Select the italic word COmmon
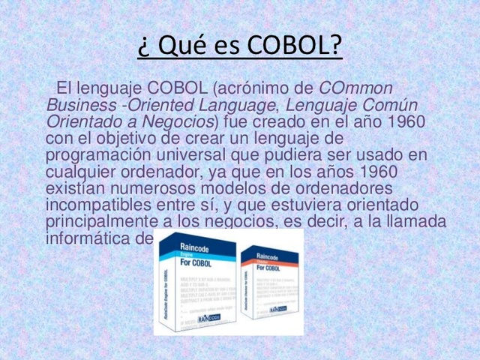click(x=356, y=88)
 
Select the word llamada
click(x=415, y=221)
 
